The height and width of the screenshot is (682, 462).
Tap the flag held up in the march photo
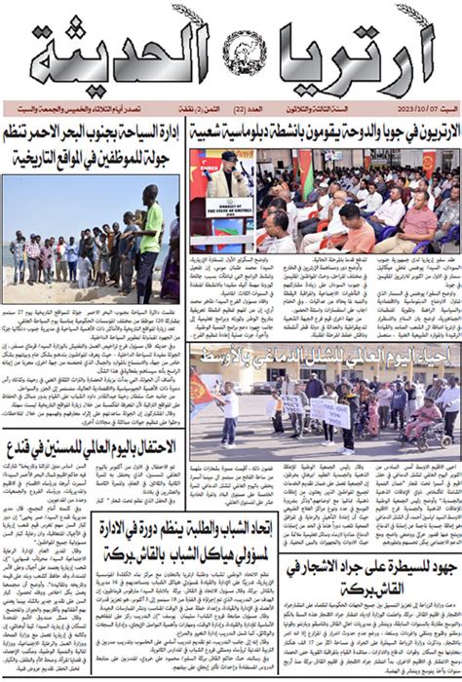coord(205,390)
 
